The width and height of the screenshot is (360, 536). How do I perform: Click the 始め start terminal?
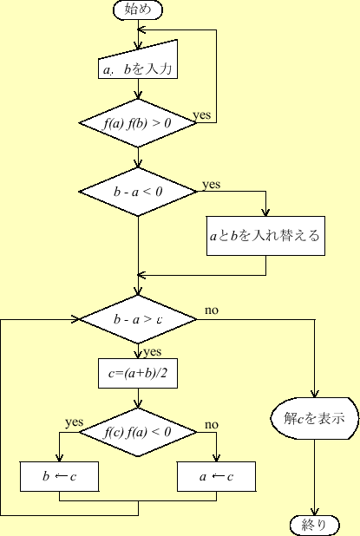tap(138, 10)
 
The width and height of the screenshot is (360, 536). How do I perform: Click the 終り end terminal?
tap(314, 524)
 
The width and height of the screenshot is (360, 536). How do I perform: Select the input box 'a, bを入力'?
tap(138, 67)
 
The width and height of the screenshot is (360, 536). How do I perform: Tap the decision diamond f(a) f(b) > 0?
tap(138, 123)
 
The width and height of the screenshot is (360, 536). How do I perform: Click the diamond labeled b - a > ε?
tap(138, 318)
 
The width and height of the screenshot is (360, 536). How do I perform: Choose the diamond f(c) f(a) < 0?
tap(138, 432)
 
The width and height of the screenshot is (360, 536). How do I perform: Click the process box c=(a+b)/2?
tap(138, 374)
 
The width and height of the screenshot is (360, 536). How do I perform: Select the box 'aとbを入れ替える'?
tap(265, 235)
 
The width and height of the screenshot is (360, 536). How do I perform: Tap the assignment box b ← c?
tap(59, 477)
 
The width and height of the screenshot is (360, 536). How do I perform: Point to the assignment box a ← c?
tap(216, 477)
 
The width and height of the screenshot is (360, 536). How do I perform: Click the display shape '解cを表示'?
tap(314, 418)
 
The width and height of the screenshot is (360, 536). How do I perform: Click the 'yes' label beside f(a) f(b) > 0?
tap(201, 114)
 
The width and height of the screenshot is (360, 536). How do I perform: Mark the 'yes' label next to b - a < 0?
tap(212, 184)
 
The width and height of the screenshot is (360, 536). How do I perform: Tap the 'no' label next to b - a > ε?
tap(211, 310)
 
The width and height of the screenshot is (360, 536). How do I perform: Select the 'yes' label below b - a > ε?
tap(152, 352)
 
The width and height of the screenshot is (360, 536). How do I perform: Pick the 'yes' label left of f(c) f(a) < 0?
tap(74, 422)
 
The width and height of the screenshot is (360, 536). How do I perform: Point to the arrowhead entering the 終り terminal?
tap(314, 511)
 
